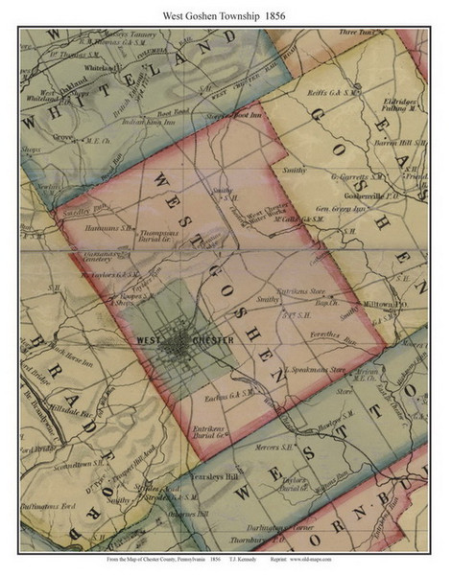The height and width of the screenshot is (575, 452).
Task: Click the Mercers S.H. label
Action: [274, 447]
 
